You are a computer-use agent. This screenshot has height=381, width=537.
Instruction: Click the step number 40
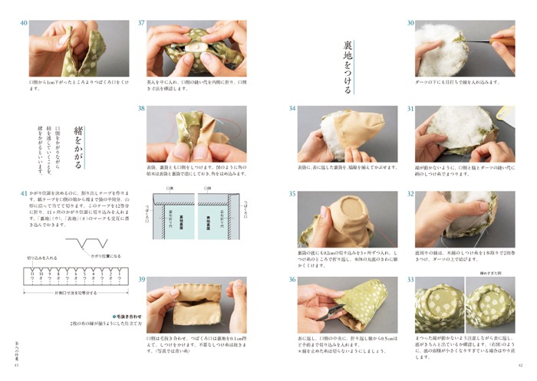(24, 24)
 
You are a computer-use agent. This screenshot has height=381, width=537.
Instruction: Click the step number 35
(292, 195)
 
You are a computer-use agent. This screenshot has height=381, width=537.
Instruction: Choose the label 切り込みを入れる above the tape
(42, 258)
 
